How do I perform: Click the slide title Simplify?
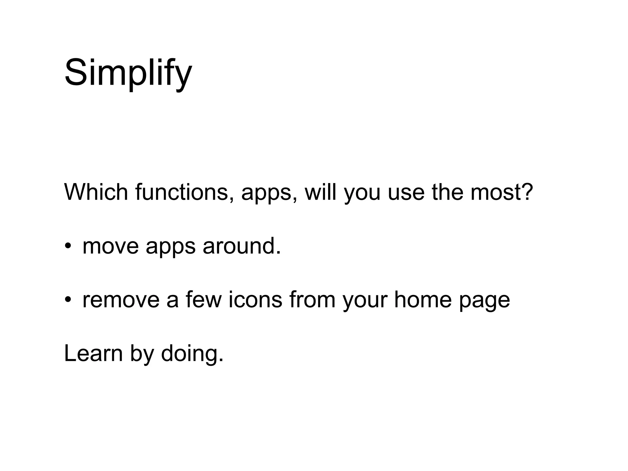(128, 74)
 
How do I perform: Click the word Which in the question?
(96, 192)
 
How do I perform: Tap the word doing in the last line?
(192, 354)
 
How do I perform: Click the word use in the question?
(406, 193)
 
